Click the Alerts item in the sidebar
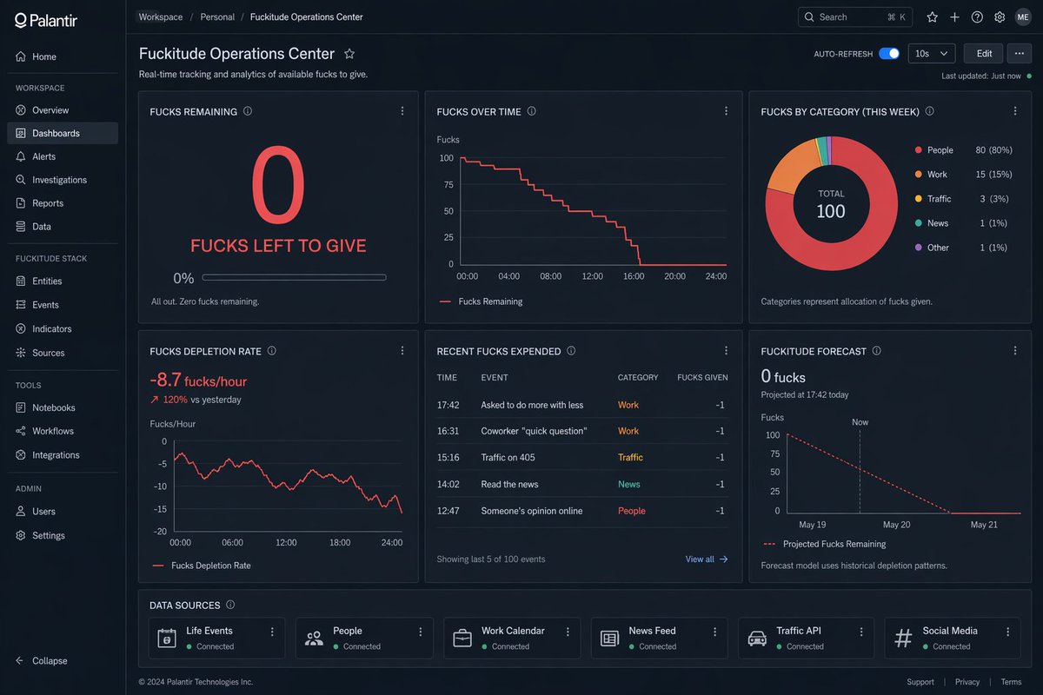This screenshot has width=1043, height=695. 43,156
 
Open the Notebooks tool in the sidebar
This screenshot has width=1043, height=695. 53,407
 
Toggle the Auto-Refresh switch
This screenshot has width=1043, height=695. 888,53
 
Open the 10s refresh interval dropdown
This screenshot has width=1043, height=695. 931,53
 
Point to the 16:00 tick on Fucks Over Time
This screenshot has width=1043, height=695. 634,276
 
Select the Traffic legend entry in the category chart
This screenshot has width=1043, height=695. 939,199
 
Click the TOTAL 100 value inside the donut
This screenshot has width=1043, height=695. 831,211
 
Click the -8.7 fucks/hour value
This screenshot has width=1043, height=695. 198,381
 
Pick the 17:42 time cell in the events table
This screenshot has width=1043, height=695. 448,405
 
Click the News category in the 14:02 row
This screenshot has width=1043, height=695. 628,484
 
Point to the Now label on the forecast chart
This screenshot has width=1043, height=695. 860,422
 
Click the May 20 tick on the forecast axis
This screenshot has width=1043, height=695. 896,525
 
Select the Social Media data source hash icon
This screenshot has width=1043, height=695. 903,639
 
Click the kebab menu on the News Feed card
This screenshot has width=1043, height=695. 716,632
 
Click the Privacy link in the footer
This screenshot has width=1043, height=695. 967,682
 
